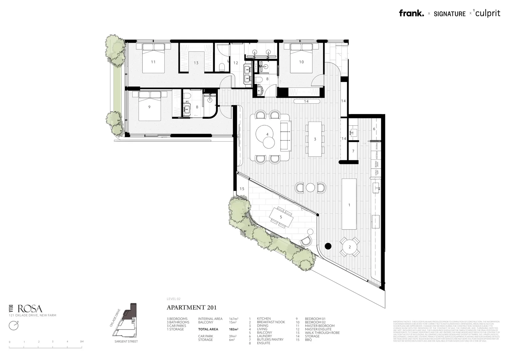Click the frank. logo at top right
pyautogui.click(x=411, y=13)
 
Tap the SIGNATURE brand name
pyautogui.click(x=449, y=14)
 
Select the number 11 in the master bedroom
pyautogui.click(x=153, y=62)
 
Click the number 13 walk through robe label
pyautogui.click(x=196, y=63)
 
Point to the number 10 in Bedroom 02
pyautogui.click(x=301, y=62)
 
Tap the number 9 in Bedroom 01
pyautogui.click(x=149, y=107)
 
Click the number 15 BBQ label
pyautogui.click(x=242, y=189)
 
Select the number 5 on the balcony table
pyautogui.click(x=281, y=217)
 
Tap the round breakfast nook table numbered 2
pyautogui.click(x=349, y=247)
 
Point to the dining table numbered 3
pyautogui.click(x=315, y=139)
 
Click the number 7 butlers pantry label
pyautogui.click(x=353, y=151)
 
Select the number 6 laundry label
pyautogui.click(x=374, y=129)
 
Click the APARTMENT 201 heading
pyautogui.click(x=192, y=308)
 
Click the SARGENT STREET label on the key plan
pyautogui.click(x=126, y=341)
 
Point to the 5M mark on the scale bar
pyautogui.click(x=82, y=342)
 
